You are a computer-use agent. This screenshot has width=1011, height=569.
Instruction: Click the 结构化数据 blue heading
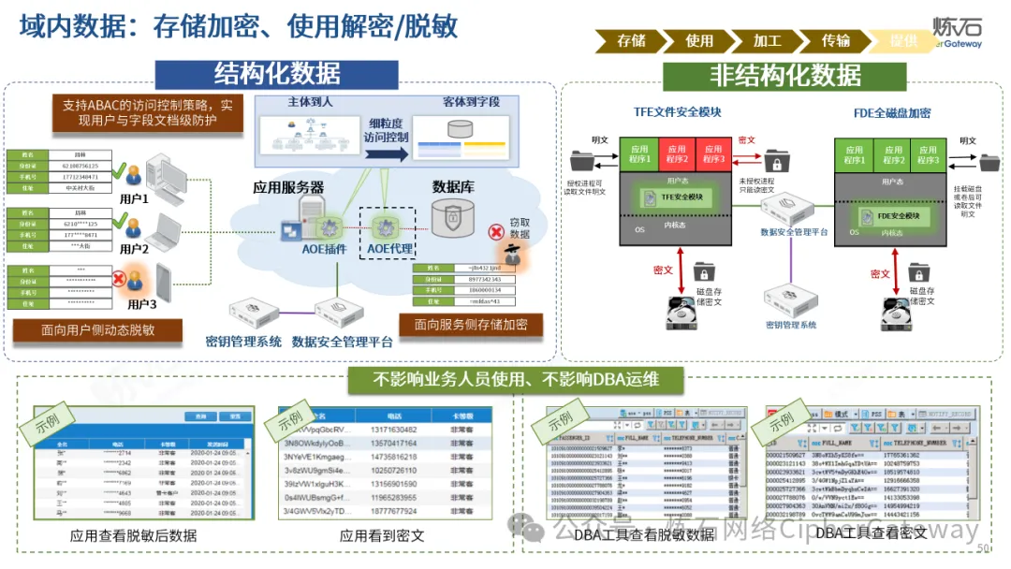tap(277, 72)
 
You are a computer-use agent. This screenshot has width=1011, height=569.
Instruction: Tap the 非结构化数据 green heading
tap(784, 74)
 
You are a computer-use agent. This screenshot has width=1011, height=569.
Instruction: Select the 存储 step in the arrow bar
tap(631, 40)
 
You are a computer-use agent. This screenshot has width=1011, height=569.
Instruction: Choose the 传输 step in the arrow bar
tap(835, 40)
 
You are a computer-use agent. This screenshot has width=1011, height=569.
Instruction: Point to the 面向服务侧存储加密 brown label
tap(471, 324)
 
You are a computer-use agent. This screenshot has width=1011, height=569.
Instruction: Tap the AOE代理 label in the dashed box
tap(389, 249)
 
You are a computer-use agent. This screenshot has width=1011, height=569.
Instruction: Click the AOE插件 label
tap(325, 249)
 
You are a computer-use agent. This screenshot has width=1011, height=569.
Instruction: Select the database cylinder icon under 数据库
tap(453, 217)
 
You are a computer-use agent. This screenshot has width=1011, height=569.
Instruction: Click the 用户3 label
tap(141, 304)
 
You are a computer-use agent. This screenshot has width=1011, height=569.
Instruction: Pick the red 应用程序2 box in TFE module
tap(676, 153)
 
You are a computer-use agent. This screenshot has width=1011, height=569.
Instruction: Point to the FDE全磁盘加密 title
tap(891, 113)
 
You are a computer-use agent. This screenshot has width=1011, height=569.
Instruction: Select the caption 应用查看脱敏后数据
tap(133, 536)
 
